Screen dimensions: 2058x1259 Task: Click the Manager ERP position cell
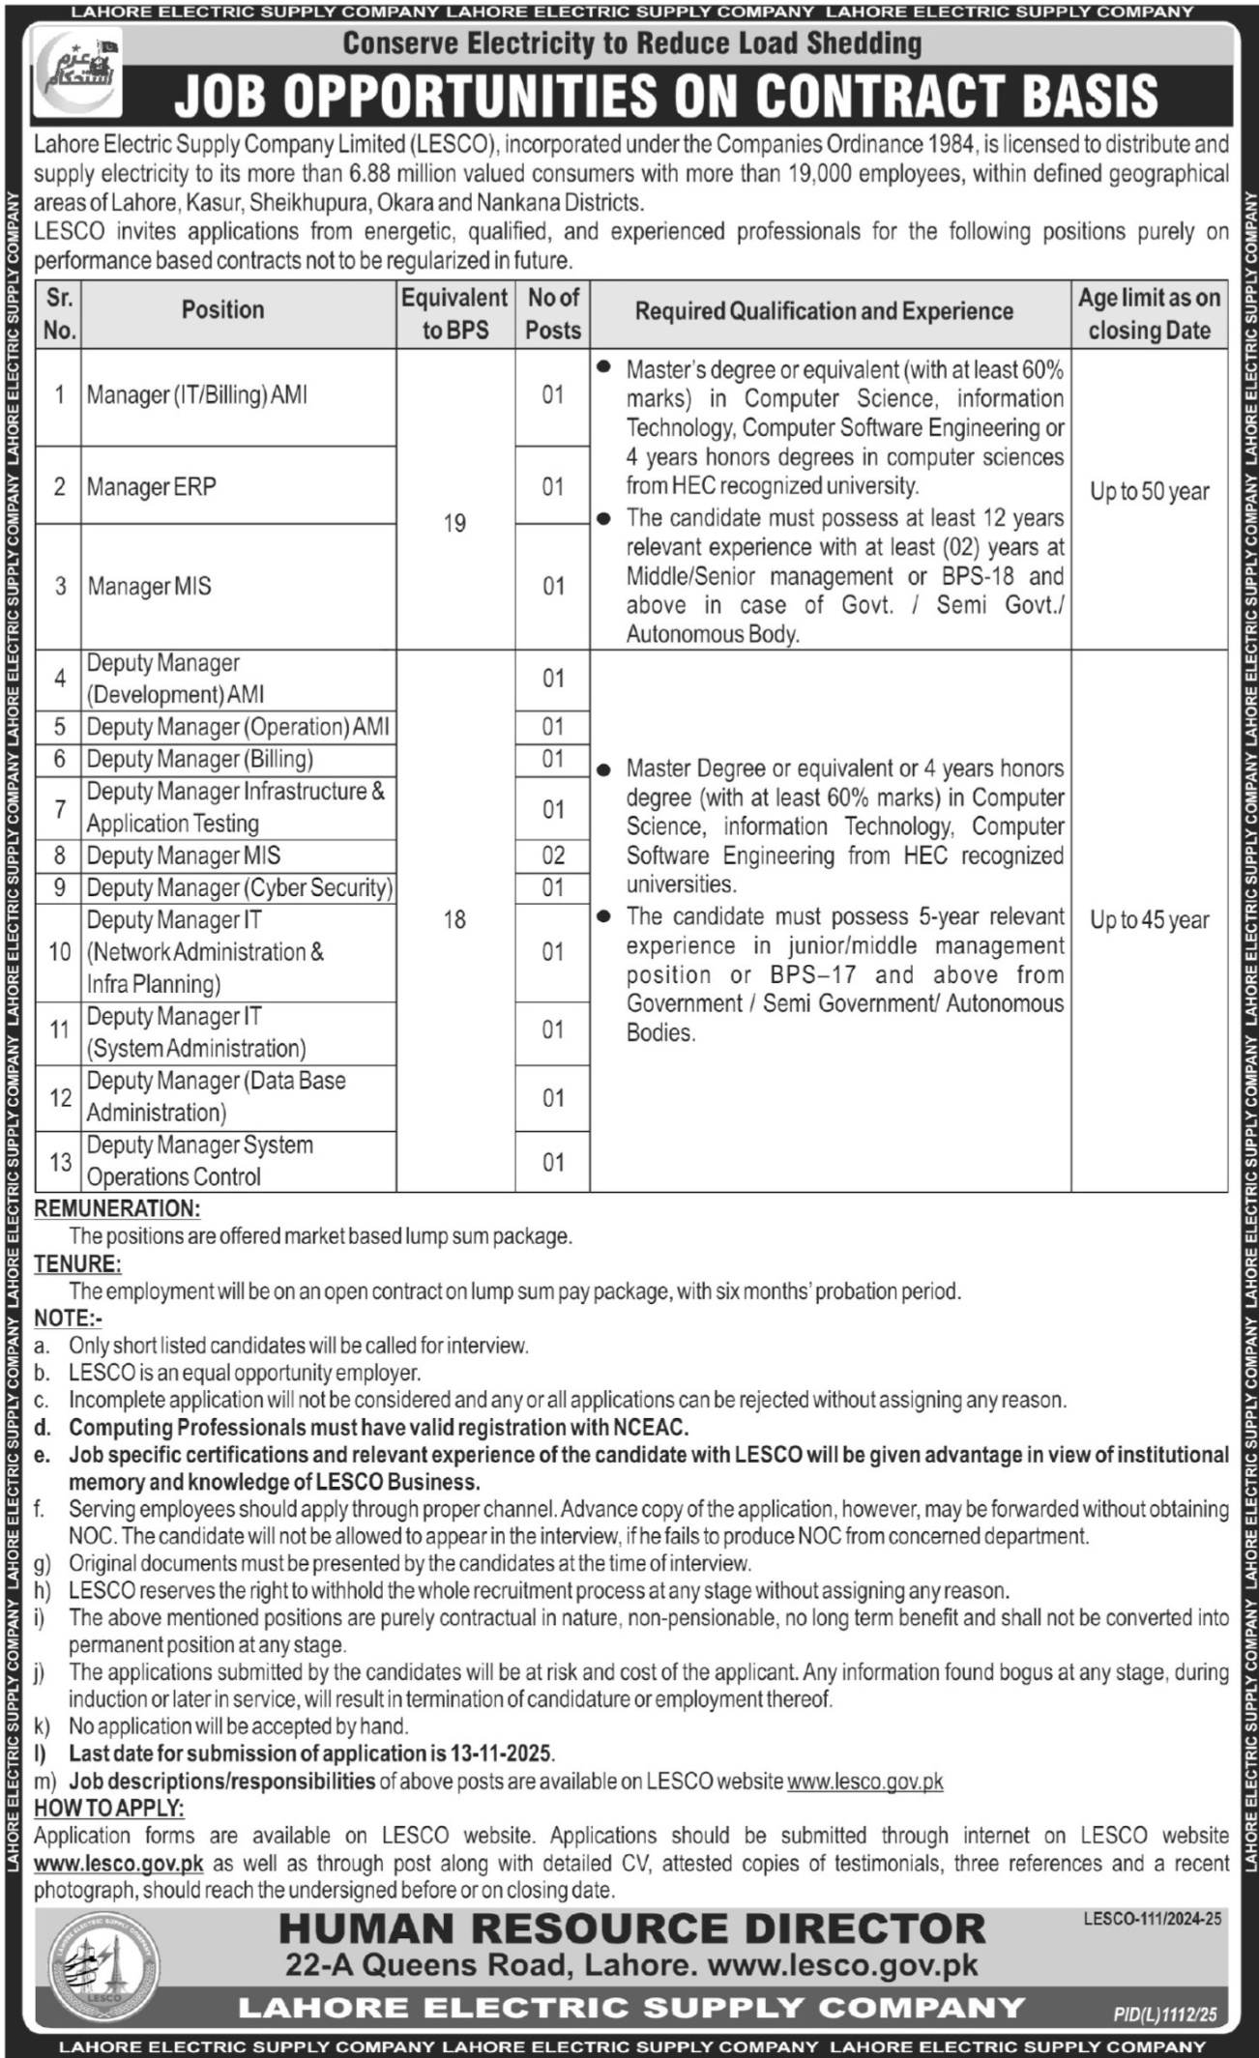152,486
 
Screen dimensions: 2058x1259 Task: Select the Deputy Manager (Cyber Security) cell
239,887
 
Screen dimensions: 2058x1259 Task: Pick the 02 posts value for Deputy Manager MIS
552,855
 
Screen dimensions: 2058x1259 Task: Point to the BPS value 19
454,523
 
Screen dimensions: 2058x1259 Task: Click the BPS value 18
454,919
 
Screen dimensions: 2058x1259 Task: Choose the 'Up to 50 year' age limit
1149,491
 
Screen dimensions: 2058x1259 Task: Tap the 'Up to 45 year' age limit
1149,920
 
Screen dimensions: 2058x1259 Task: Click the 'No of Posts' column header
552,313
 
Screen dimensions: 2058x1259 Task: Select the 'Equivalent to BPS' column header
454,313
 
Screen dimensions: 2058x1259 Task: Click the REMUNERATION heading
117,1208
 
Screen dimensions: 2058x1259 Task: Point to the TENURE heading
77,1263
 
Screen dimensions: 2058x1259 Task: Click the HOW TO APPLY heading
108,1809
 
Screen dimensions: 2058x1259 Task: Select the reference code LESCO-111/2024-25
1152,1919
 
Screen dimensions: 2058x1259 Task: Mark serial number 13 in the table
60,1161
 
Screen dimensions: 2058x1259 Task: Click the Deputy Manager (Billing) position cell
200,759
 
